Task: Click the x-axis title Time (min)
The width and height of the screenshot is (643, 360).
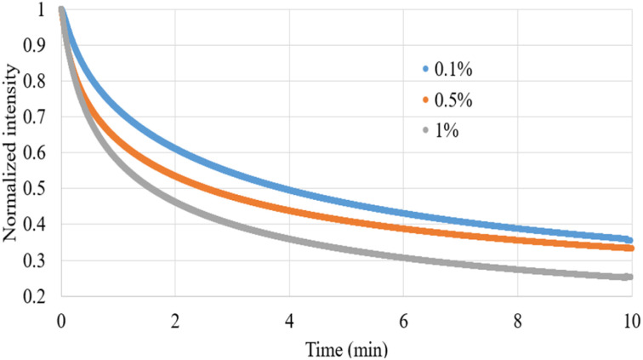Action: (x=344, y=347)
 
